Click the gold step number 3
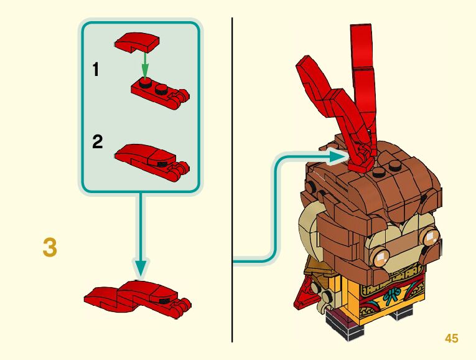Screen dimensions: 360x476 50,247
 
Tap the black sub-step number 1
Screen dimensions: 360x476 96,70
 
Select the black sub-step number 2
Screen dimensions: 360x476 97,142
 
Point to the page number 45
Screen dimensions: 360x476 451,338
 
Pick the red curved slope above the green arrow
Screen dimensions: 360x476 138,43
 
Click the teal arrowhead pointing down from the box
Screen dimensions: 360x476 141,267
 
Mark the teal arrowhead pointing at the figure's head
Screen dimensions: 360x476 338,158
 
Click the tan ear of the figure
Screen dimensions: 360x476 311,224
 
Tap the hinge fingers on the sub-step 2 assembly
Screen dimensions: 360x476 181,166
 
